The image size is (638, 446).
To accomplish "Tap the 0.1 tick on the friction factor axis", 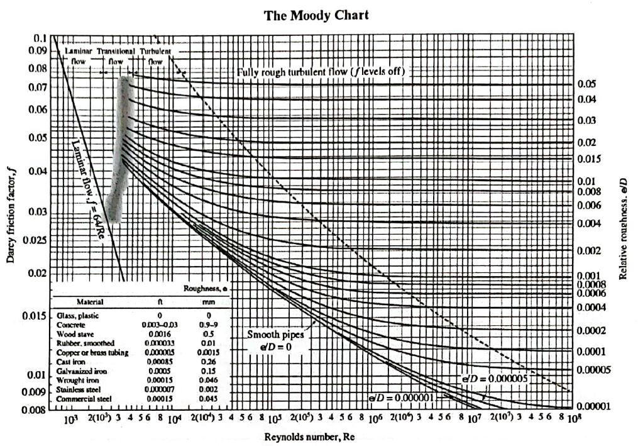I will [40, 38].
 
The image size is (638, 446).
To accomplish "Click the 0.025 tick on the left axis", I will [36, 240].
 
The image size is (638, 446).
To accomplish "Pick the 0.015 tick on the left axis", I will [36, 315].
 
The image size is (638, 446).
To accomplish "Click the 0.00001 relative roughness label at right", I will [593, 406].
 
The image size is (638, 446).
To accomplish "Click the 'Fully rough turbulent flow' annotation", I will [321, 72].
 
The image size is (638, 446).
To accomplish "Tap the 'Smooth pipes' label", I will [272, 335].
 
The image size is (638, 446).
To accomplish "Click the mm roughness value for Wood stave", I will [209, 333].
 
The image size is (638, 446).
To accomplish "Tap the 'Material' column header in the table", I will [90, 301].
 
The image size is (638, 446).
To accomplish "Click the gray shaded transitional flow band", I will [120, 151].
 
